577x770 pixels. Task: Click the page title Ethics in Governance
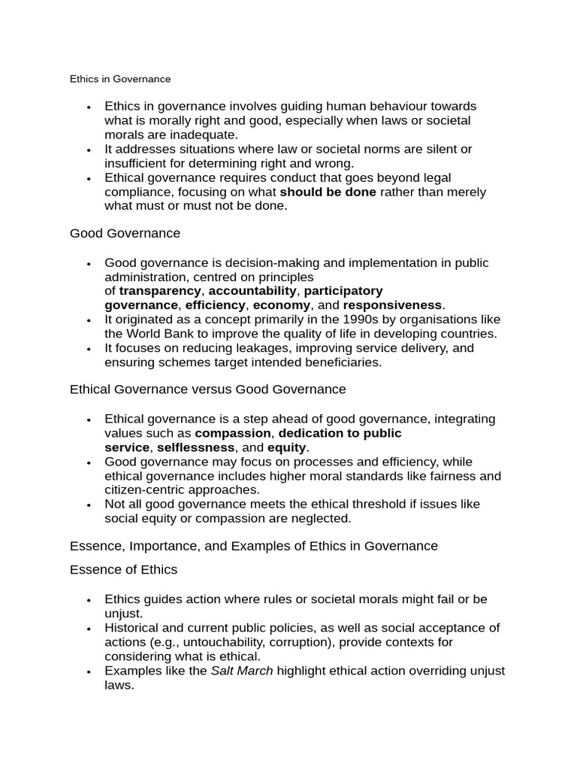click(120, 79)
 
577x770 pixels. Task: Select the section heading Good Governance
click(125, 233)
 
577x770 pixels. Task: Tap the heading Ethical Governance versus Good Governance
click(207, 389)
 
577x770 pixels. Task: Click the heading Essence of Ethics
click(123, 569)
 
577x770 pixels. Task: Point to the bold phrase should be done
click(328, 192)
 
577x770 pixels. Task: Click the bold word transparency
click(160, 290)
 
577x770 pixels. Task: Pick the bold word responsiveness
click(392, 305)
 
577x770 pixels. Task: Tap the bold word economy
click(281, 305)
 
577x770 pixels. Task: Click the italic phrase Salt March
click(241, 671)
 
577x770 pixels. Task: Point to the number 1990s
click(339, 320)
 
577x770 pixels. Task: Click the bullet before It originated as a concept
click(89, 320)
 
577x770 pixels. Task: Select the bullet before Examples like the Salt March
click(89, 671)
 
